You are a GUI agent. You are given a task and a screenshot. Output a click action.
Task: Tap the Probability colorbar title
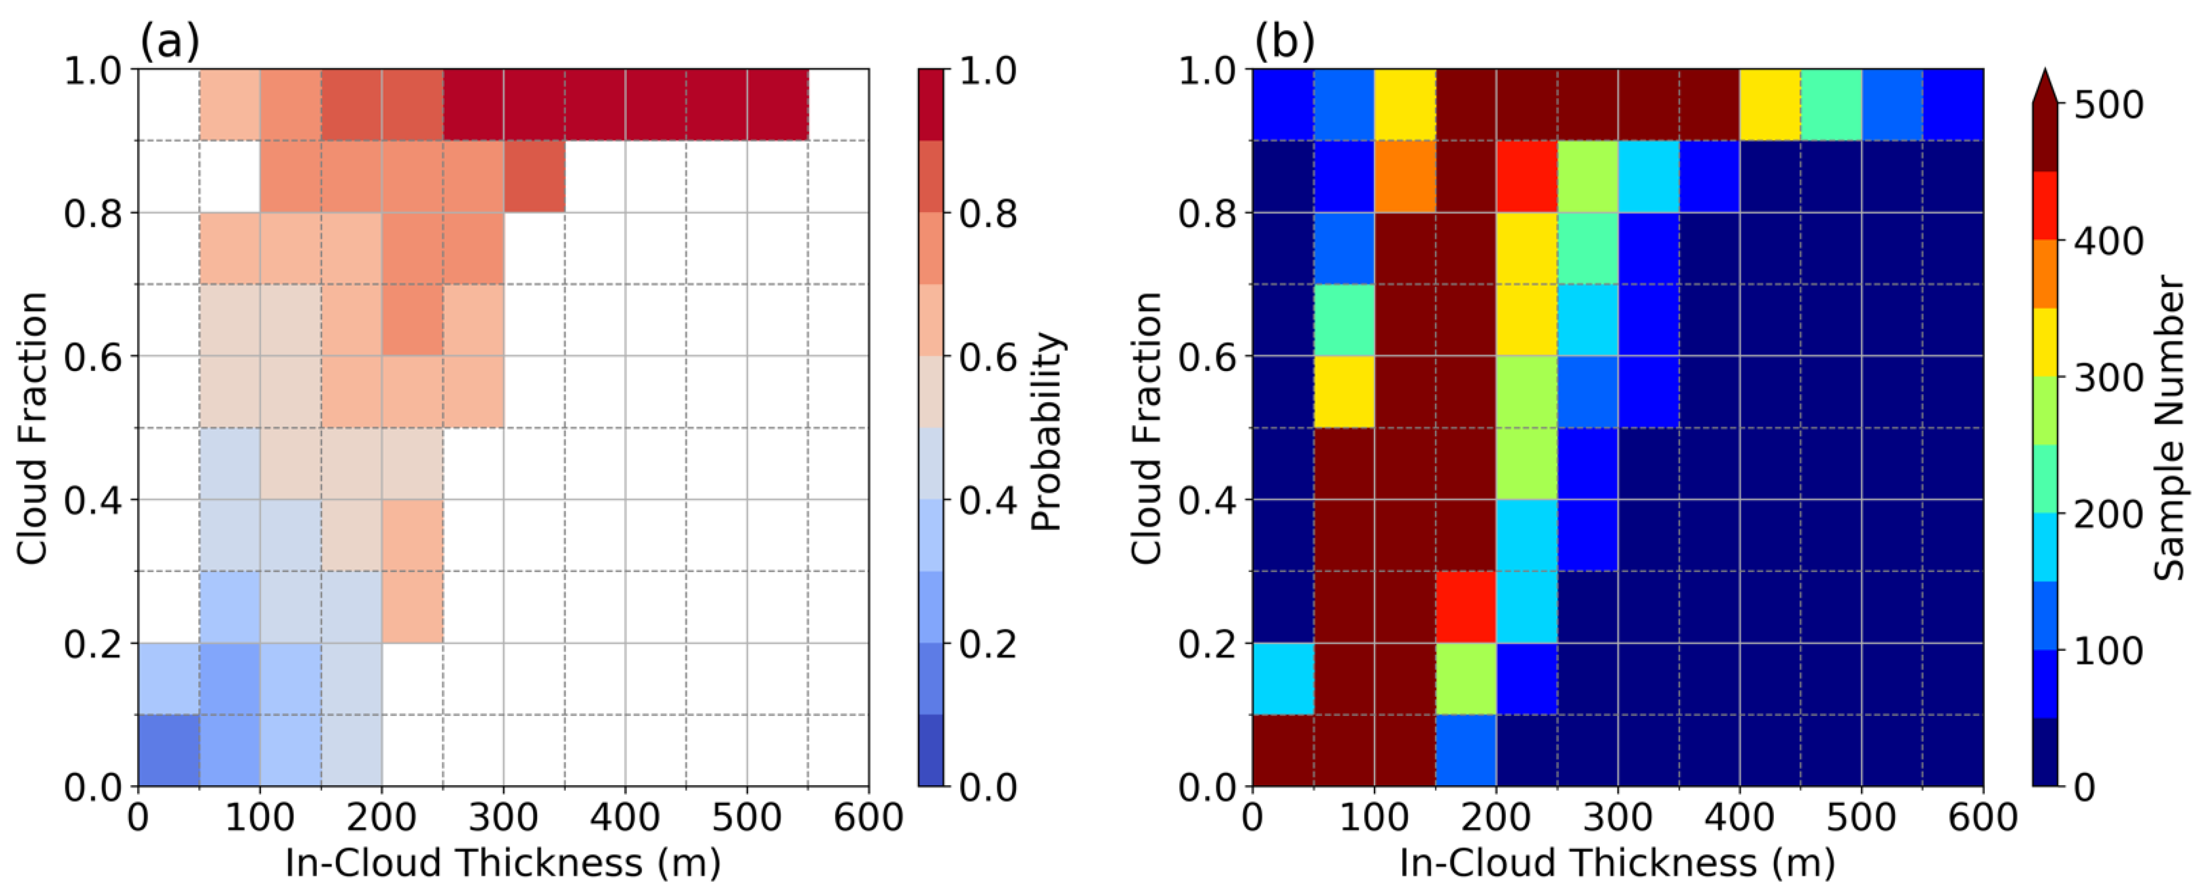point(1046,432)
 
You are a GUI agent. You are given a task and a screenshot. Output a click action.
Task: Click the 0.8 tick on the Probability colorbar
point(988,213)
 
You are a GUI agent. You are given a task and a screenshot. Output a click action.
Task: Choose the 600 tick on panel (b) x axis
point(1982,818)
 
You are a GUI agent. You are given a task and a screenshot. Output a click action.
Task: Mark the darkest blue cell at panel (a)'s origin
point(169,750)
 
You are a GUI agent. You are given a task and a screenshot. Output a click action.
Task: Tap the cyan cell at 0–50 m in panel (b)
point(1283,678)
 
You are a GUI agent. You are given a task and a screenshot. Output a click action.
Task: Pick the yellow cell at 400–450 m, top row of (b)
point(1770,104)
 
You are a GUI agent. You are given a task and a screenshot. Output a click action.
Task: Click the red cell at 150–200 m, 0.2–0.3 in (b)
point(1466,607)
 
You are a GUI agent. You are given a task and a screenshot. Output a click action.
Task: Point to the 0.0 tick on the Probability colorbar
point(988,786)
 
